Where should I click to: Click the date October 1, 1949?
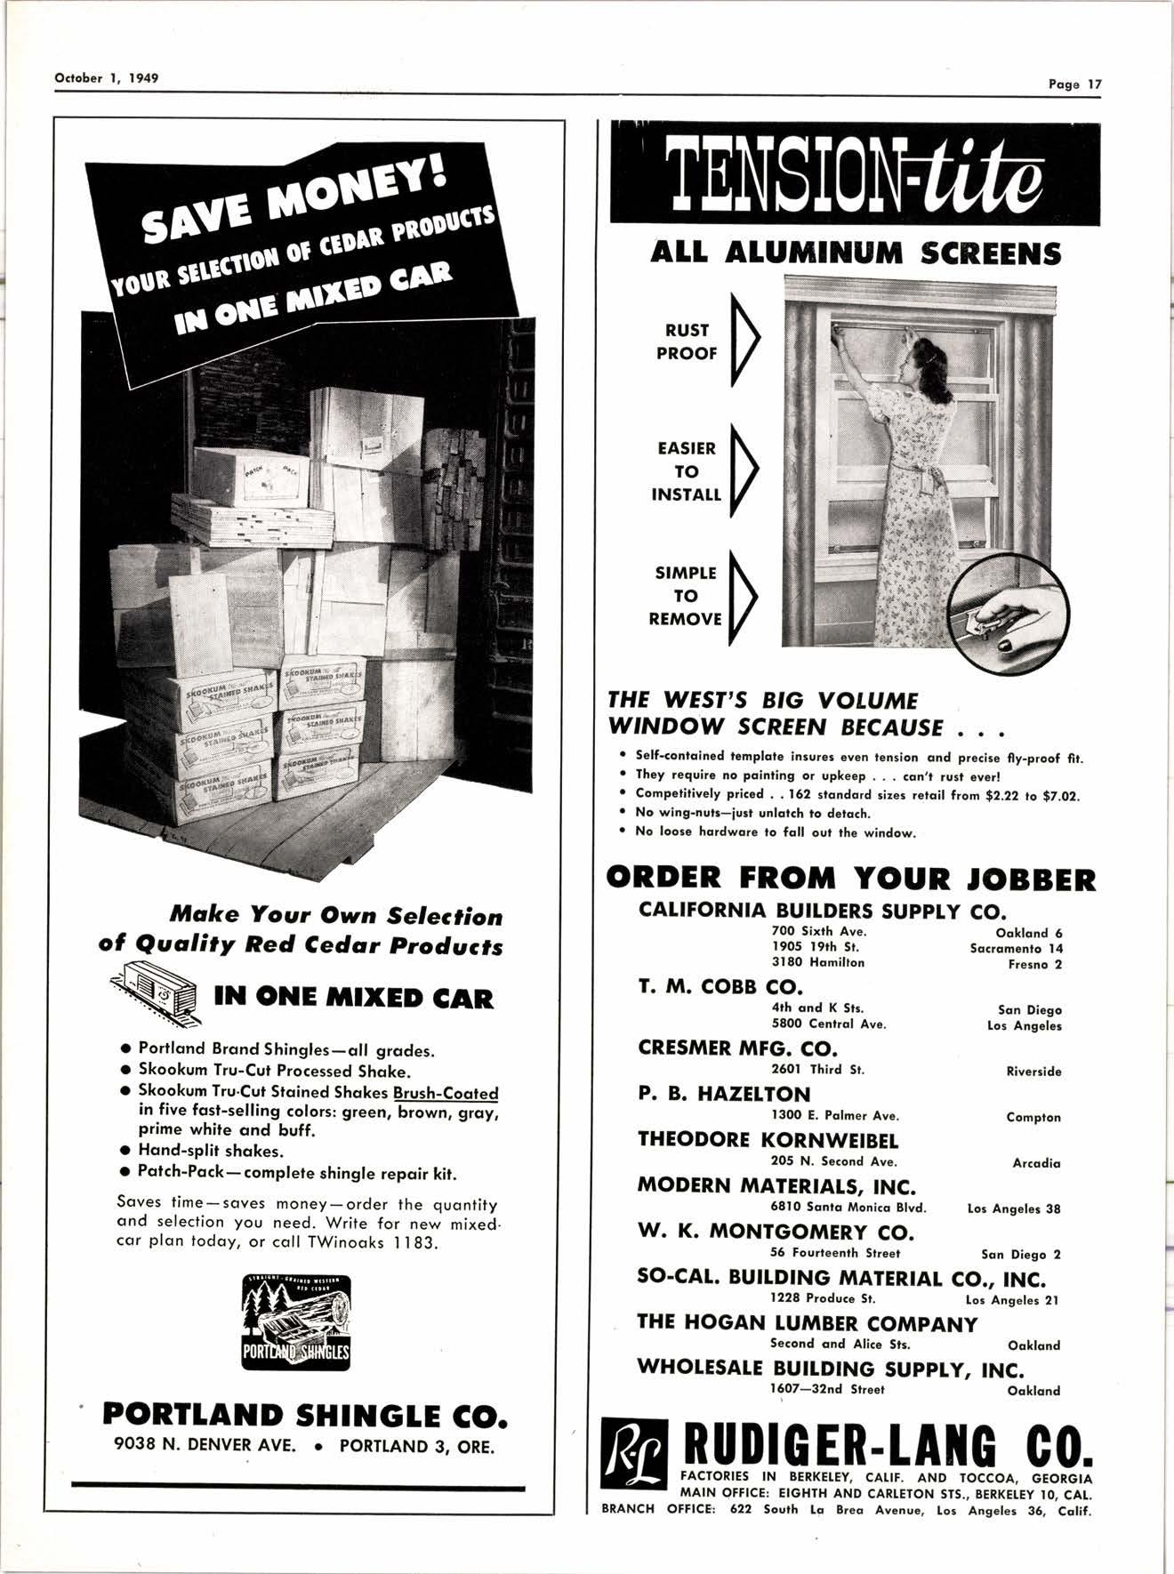[x=107, y=77]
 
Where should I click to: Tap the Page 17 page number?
[x=1074, y=84]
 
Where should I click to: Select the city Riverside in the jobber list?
[x=1033, y=1072]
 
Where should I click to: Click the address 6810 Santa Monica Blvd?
[x=848, y=1208]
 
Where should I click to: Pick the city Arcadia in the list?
[x=1036, y=1162]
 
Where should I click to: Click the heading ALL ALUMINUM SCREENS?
[x=856, y=254]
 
